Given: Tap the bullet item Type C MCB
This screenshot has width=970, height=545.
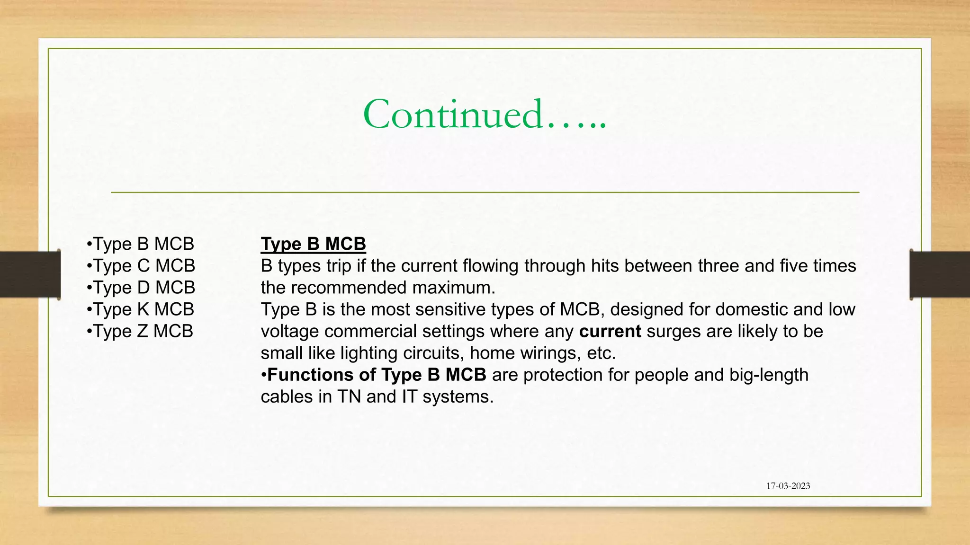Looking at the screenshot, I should point(141,266).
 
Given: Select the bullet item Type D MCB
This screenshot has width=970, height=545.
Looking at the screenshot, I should point(141,288).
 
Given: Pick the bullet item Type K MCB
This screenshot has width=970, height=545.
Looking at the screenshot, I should point(141,309).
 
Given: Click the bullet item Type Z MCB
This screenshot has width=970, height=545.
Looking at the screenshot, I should point(140,331).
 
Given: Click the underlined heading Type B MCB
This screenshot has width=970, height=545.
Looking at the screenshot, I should point(313,244).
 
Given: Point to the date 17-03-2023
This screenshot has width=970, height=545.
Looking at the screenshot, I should point(788,486).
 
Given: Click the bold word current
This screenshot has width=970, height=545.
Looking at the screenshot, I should point(610,331).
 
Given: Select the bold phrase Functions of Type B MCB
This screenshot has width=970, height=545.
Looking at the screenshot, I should point(377,375).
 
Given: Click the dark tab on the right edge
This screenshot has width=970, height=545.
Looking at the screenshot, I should point(940,274).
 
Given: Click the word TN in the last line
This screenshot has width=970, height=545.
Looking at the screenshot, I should point(350,396).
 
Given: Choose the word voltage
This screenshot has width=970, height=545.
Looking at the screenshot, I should point(290,331).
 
